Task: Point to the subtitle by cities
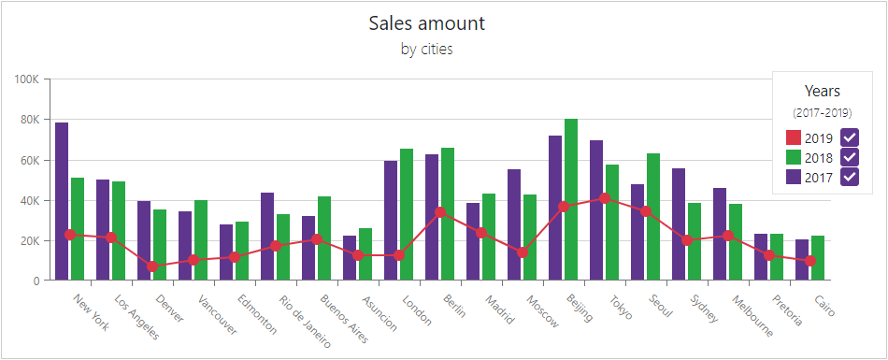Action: click(426, 50)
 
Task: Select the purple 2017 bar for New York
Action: click(62, 201)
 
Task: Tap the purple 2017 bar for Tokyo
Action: click(596, 210)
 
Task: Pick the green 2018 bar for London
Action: click(407, 214)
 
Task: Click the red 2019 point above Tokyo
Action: click(605, 198)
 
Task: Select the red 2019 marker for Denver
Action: click(152, 266)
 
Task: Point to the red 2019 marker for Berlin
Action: click(440, 212)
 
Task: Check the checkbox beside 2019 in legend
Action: click(850, 137)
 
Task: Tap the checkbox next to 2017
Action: click(850, 177)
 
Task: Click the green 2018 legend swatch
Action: click(794, 157)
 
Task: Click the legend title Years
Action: click(823, 91)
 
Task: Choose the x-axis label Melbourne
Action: click(752, 315)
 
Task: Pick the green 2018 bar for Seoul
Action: click(653, 216)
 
